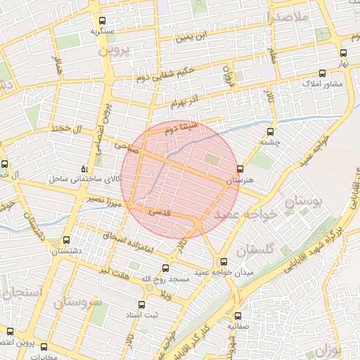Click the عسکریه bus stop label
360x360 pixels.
pos(103,32)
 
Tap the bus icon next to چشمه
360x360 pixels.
pos(270,131)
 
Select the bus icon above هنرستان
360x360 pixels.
pos(240,169)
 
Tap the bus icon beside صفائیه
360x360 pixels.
pos(238,316)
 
